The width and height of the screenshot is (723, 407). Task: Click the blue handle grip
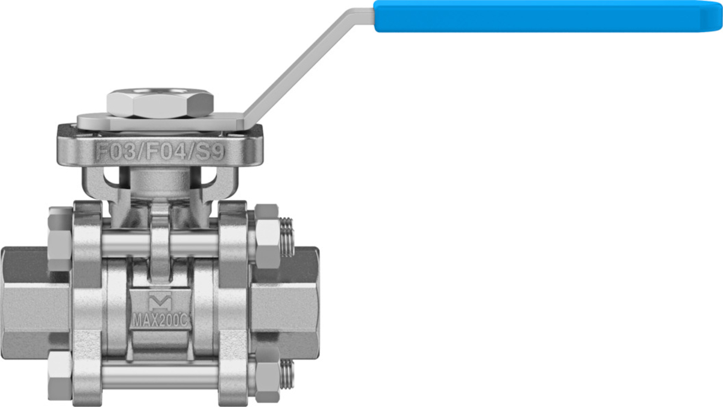pyautogui.click(x=548, y=16)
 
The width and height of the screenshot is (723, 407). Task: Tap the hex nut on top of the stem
pyautogui.click(x=160, y=103)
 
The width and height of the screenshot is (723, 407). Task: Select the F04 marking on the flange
pyautogui.click(x=166, y=152)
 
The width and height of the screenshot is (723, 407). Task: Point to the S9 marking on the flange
pyautogui.click(x=210, y=152)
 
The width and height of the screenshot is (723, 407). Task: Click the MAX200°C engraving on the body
pyautogui.click(x=160, y=321)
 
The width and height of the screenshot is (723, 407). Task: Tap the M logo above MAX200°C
pyautogui.click(x=160, y=301)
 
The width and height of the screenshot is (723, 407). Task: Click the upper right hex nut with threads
pyautogui.click(x=268, y=236)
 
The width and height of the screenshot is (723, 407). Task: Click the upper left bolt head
pyautogui.click(x=60, y=239)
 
